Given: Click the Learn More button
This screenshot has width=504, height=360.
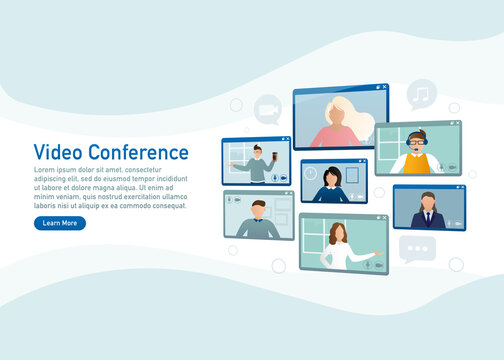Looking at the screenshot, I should (x=60, y=223).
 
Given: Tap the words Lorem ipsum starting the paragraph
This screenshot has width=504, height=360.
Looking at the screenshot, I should (x=56, y=170).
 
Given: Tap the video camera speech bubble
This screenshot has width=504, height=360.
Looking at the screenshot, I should (x=267, y=108).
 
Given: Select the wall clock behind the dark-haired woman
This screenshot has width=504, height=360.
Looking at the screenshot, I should (x=311, y=173).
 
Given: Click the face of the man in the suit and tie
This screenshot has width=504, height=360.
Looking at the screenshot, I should (x=428, y=201).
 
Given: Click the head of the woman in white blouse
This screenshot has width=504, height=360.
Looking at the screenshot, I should (x=337, y=234).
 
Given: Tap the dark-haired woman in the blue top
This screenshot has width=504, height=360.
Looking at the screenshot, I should (x=332, y=185).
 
